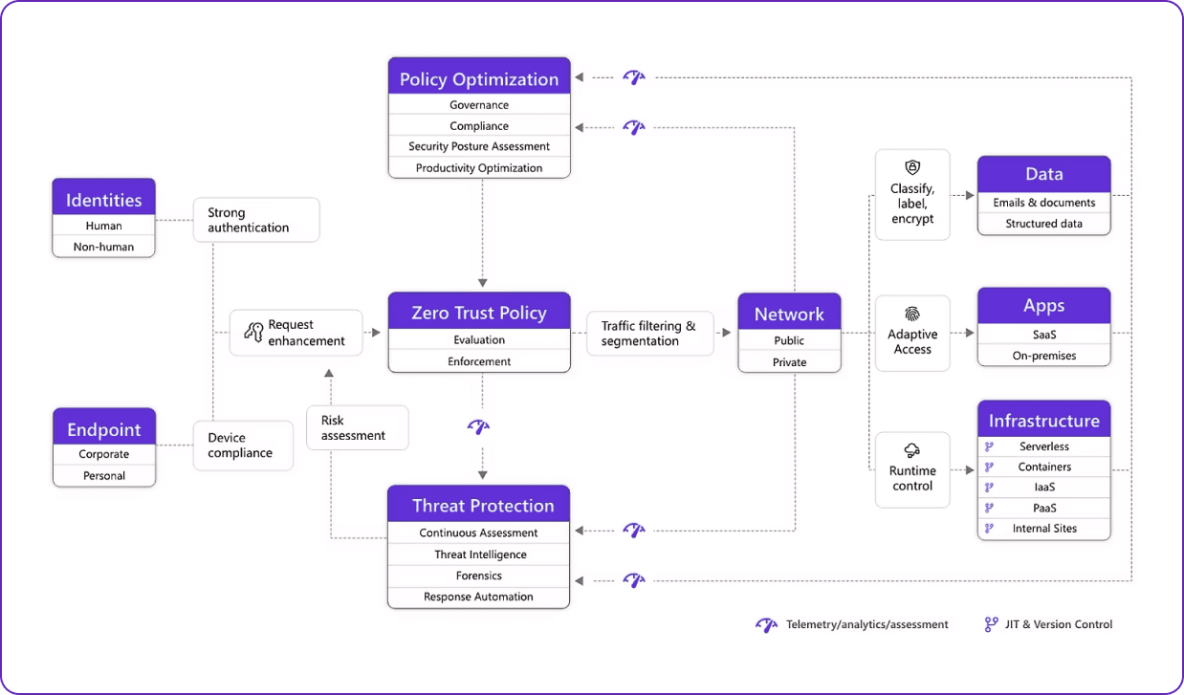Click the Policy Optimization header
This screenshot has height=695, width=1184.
tap(479, 78)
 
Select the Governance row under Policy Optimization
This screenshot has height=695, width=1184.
tap(479, 105)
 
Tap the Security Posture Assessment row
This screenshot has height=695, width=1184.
tap(479, 146)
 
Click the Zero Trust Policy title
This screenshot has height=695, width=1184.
tap(479, 313)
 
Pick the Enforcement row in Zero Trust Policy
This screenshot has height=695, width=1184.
tap(479, 361)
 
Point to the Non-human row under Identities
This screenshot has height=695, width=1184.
tap(103, 247)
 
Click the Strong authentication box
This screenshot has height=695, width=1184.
tap(255, 220)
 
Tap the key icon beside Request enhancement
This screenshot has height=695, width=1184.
tap(253, 332)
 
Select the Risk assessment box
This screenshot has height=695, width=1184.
tap(357, 427)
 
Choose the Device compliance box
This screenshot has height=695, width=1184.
tap(243, 445)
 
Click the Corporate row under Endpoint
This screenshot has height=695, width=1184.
tap(103, 454)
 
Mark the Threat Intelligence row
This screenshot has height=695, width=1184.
tap(479, 554)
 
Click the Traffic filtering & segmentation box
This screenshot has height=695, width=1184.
tap(649, 334)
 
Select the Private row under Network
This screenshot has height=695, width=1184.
tap(789, 362)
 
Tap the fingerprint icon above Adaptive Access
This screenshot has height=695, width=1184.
tap(912, 314)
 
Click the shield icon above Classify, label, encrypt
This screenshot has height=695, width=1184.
tap(912, 167)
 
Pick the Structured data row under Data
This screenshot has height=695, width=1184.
tap(1043, 224)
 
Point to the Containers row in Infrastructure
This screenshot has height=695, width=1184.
tap(1044, 467)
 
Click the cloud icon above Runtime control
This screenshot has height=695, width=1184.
tap(912, 450)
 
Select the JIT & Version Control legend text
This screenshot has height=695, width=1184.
tap(1059, 624)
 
